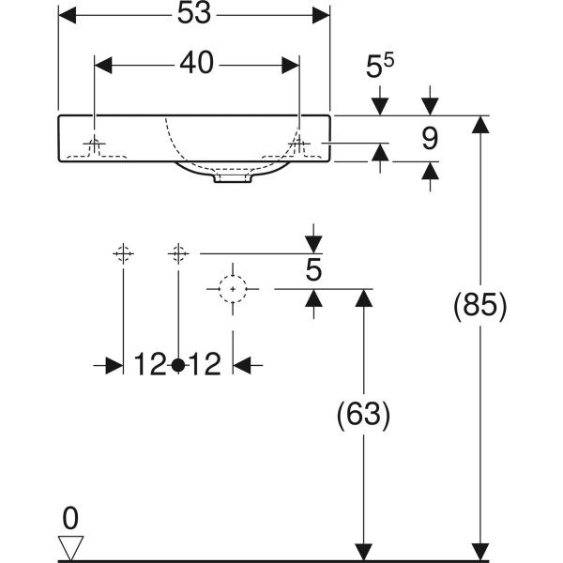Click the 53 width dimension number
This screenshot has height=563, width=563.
(x=194, y=15)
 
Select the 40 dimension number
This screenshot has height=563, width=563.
(x=196, y=63)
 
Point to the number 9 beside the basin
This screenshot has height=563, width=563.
(x=430, y=139)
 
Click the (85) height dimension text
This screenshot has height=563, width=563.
(x=480, y=306)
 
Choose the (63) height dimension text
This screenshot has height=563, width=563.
(x=363, y=415)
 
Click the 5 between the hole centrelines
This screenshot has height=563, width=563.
(x=313, y=270)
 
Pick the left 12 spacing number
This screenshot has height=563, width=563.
(x=150, y=364)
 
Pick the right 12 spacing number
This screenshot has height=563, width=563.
(x=205, y=364)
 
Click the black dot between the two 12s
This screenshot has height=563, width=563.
(x=178, y=365)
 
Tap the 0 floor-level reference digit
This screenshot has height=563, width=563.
(x=70, y=519)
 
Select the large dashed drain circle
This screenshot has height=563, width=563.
(x=233, y=289)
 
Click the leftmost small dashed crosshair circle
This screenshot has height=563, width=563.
(x=123, y=253)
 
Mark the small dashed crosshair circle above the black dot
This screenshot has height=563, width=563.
(x=178, y=253)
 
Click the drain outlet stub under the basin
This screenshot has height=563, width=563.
(x=233, y=178)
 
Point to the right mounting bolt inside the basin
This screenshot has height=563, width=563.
(x=299, y=145)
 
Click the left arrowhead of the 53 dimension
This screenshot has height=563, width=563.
(x=68, y=15)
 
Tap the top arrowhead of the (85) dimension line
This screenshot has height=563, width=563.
(x=480, y=124)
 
